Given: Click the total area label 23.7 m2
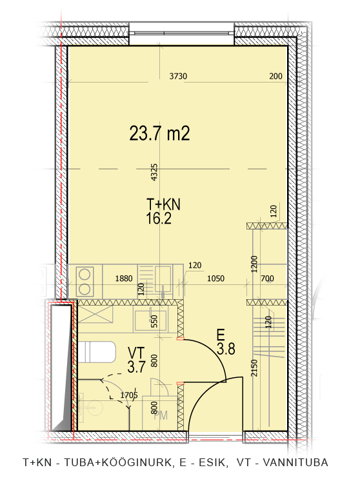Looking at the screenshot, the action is click(x=159, y=133).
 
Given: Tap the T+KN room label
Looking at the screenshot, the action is click(x=163, y=204).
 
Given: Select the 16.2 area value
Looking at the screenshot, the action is click(x=159, y=219).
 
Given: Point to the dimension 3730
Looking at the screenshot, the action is click(x=178, y=76).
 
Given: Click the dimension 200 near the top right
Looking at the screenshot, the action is click(x=275, y=76).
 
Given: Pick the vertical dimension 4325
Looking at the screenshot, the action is click(x=154, y=172).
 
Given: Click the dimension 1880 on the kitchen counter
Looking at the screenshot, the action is click(x=124, y=279).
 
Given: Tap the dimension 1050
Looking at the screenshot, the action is click(x=216, y=279).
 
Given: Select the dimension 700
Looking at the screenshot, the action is click(x=267, y=279).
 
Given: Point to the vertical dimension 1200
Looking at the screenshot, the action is click(x=254, y=264).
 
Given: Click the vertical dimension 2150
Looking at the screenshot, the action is click(x=254, y=367).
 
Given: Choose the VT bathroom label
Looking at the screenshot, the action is click(x=137, y=353).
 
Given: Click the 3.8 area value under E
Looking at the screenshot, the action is click(x=226, y=349).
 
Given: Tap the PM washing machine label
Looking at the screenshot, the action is click(x=161, y=415).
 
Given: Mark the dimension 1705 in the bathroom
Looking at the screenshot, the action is click(x=129, y=395).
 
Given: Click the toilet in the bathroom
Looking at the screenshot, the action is click(x=96, y=352).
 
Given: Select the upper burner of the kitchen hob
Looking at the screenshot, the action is click(x=85, y=275).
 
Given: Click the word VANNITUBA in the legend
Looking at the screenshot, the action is click(x=295, y=462).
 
